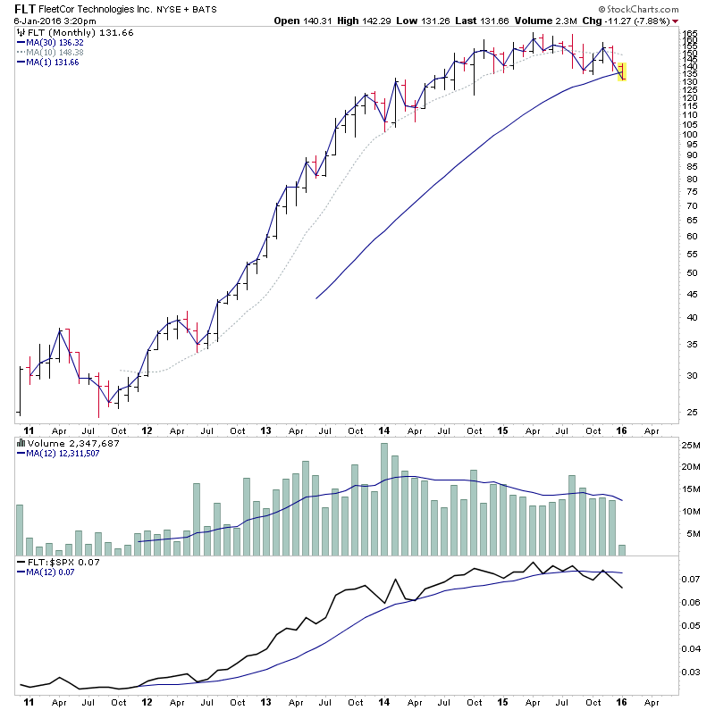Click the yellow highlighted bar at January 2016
pos(622,71)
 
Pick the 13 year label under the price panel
pos(265,430)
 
